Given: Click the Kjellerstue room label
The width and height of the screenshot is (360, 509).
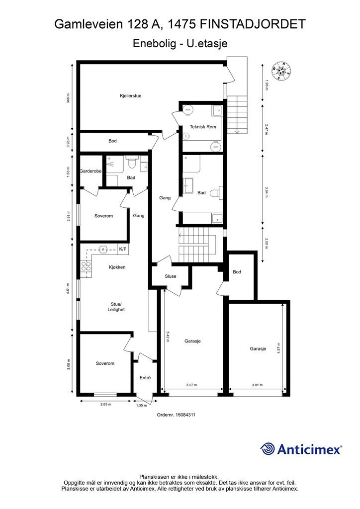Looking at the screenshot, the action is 130,96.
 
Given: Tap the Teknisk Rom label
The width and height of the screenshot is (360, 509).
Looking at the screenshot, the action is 203,127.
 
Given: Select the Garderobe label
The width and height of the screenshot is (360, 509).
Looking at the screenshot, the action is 90,171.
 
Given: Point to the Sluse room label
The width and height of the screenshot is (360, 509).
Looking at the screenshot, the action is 171,276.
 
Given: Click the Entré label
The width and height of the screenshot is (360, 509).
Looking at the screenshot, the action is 145,378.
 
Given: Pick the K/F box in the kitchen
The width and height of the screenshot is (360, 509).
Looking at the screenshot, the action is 123,250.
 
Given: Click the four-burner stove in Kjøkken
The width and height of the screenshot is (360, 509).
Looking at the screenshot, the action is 86,266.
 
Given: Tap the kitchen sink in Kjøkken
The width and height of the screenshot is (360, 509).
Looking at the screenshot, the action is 103,250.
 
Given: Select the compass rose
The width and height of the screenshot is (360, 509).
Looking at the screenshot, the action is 281,72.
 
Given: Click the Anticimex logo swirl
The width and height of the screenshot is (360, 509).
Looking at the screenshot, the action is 267,449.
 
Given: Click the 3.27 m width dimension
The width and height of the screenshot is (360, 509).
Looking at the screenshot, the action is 191,385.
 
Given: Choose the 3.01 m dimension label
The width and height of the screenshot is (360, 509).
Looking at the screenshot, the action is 257,385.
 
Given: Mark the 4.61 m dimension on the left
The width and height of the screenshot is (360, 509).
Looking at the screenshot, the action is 68,289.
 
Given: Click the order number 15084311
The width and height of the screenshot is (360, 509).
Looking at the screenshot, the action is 185,415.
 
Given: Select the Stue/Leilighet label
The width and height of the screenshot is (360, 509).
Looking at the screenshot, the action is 116,307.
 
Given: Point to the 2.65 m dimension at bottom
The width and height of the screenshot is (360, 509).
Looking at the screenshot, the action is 106,405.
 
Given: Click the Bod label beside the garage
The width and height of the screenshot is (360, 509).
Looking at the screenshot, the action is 237,272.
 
